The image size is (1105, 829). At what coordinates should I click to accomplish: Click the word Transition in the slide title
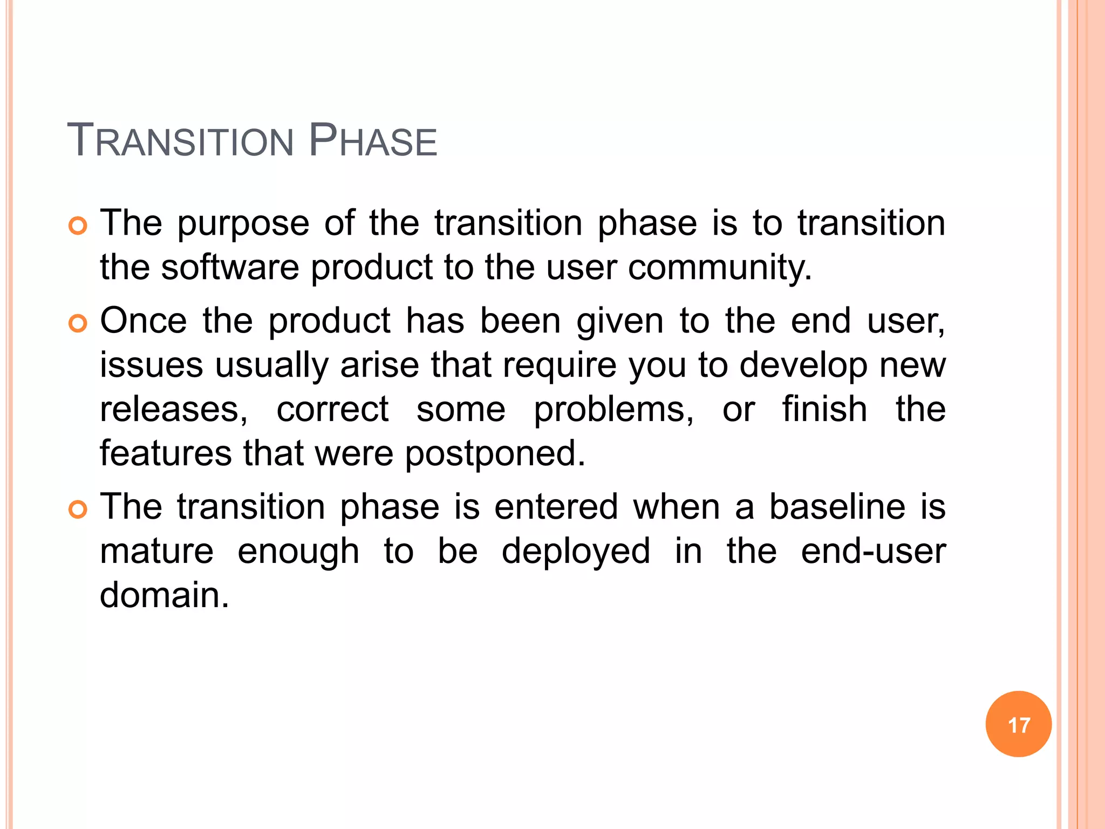(x=180, y=141)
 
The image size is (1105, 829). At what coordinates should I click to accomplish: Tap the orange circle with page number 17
(x=1018, y=724)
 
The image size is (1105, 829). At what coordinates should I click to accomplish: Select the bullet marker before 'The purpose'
(x=78, y=226)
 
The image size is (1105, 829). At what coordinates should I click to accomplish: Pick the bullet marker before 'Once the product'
(x=78, y=324)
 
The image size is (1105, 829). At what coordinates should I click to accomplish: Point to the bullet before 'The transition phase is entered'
(x=78, y=509)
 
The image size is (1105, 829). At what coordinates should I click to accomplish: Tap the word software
(x=230, y=268)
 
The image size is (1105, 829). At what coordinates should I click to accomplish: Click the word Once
(x=144, y=321)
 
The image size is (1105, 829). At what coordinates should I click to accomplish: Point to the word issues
(x=152, y=365)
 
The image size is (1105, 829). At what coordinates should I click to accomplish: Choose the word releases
(x=173, y=410)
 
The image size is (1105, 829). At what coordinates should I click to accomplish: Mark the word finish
(x=825, y=409)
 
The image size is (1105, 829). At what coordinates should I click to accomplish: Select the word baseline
(x=837, y=507)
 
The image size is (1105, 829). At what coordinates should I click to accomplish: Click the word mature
(x=157, y=552)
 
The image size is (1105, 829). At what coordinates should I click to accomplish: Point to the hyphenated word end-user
(x=873, y=552)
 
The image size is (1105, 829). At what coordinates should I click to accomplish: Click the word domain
(x=164, y=595)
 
